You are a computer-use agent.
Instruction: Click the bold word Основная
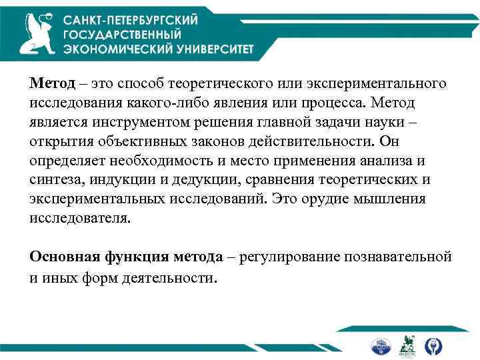pyautogui.click(x=62, y=257)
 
